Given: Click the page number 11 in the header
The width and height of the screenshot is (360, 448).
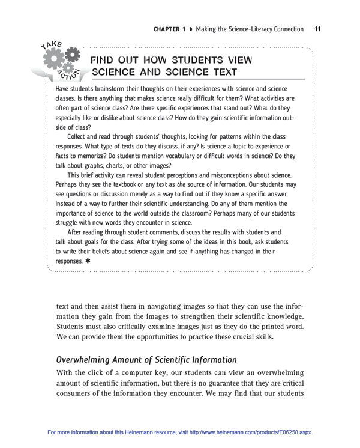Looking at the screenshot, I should [x=317, y=28].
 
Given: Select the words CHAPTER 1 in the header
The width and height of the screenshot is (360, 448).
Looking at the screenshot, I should [x=169, y=29].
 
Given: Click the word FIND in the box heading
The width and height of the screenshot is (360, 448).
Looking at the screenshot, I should [x=103, y=60].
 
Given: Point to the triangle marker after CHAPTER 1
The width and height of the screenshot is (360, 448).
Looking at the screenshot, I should [x=191, y=29].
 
